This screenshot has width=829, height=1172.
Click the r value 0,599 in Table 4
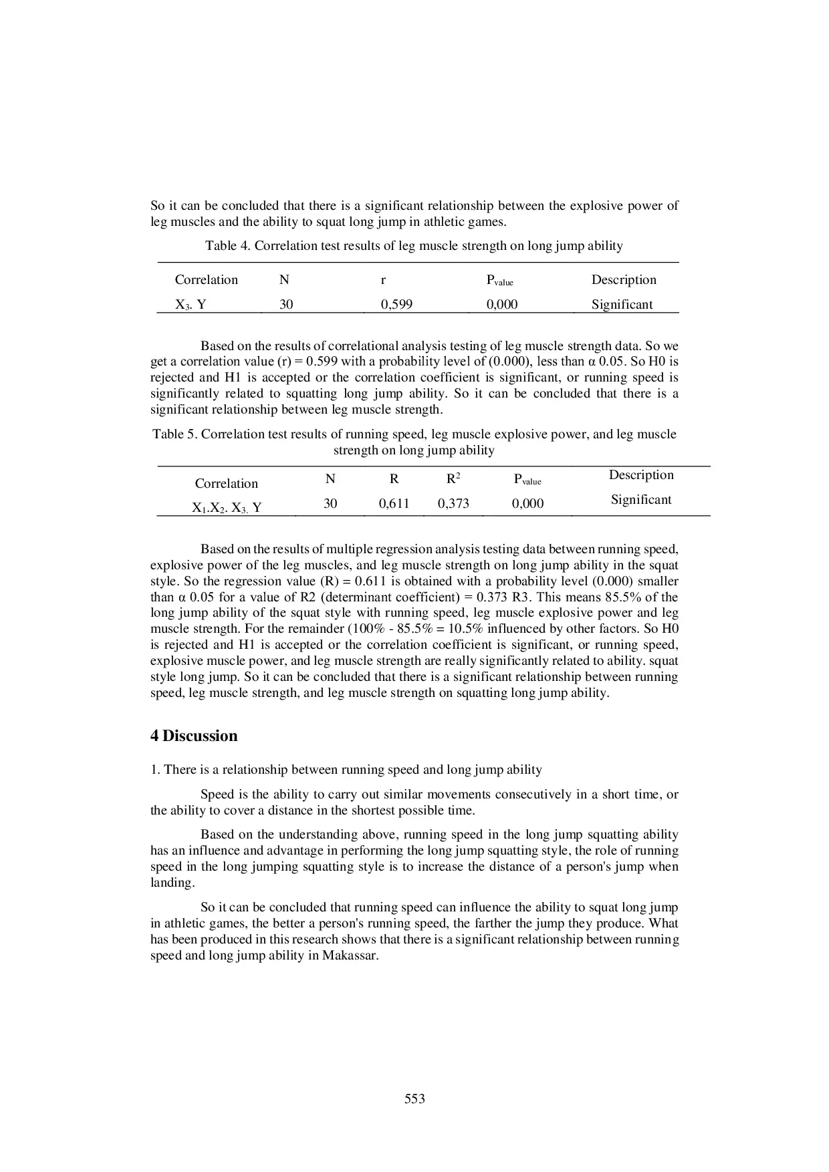pyautogui.click(x=396, y=305)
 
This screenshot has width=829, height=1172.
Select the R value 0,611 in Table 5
pyautogui.click(x=394, y=504)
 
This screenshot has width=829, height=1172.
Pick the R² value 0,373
pyautogui.click(x=453, y=504)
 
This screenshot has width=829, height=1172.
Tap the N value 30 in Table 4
pyautogui.click(x=286, y=305)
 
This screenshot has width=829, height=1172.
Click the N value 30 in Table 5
pyautogui.click(x=330, y=504)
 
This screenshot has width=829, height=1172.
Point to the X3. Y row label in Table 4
pyautogui.click(x=191, y=305)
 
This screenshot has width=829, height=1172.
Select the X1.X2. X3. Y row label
pyautogui.click(x=227, y=508)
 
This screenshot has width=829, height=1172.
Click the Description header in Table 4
pyautogui.click(x=624, y=280)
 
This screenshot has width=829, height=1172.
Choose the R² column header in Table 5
pyautogui.click(x=453, y=479)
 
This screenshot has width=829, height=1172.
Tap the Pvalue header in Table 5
pyautogui.click(x=527, y=480)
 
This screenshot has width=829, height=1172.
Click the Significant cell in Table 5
pyautogui.click(x=641, y=500)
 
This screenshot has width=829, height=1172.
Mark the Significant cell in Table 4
pyautogui.click(x=622, y=305)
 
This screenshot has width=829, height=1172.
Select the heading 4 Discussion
pyautogui.click(x=194, y=736)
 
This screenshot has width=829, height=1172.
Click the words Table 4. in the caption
pyautogui.click(x=227, y=246)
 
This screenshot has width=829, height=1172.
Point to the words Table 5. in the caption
pyautogui.click(x=175, y=434)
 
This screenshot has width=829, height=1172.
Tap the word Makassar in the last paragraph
pyautogui.click(x=350, y=956)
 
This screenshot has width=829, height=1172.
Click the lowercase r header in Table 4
pyautogui.click(x=383, y=281)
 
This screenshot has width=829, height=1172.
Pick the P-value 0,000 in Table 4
pyautogui.click(x=501, y=305)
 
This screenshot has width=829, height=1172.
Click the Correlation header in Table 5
pyautogui.click(x=226, y=484)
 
